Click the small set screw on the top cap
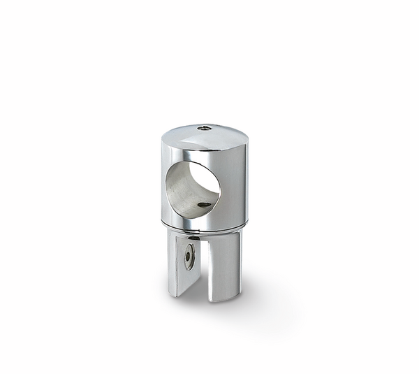[x=201, y=128]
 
